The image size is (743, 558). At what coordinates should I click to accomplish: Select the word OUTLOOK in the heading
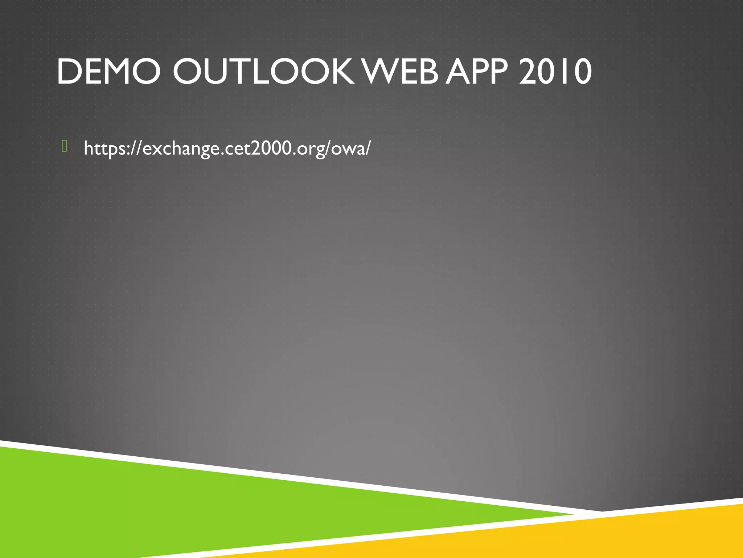click(x=263, y=72)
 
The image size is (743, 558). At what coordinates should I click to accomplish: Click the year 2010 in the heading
click(x=555, y=72)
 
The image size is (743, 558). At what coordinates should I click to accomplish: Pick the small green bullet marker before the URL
click(x=65, y=146)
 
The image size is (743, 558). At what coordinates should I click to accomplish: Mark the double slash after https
click(x=137, y=148)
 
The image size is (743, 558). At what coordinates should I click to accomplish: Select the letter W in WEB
click(x=381, y=72)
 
